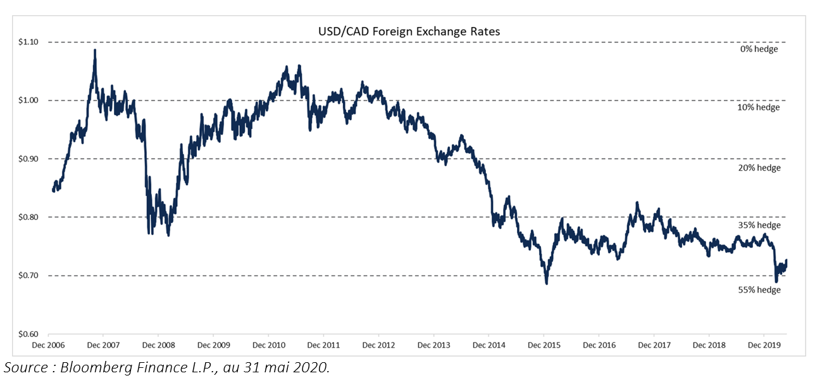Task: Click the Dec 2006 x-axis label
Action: coord(48,346)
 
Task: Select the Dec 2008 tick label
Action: coord(158,346)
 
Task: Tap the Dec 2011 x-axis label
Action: coord(323,346)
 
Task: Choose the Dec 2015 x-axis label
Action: coord(544,346)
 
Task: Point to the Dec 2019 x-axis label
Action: coord(764,346)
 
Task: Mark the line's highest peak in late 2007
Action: coord(95,50)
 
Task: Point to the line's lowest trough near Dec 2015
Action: coord(547,284)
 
